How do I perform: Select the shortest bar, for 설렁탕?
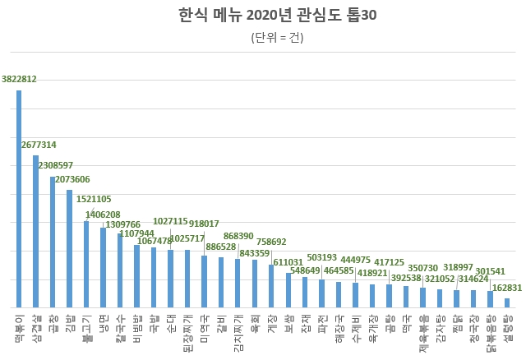[507, 302]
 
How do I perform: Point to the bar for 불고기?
[86, 263]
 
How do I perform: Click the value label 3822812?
[19, 80]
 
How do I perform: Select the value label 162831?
[505, 288]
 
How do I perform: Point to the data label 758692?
[271, 242]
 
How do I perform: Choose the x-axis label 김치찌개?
[238, 333]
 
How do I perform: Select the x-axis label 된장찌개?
[187, 333]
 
